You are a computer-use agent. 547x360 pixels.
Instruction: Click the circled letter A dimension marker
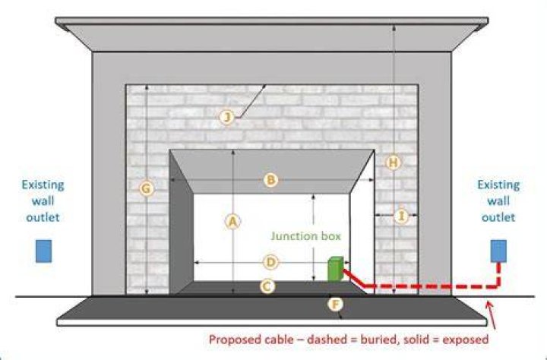233,222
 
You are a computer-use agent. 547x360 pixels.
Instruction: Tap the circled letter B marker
270,180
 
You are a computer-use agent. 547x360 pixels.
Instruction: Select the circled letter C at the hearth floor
267,286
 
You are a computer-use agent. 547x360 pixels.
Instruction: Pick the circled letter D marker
270,262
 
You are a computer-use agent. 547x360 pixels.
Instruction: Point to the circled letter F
335,305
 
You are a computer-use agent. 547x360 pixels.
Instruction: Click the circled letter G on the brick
147,188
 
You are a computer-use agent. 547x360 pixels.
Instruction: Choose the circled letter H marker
394,163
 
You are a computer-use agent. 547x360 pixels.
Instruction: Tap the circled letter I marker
402,216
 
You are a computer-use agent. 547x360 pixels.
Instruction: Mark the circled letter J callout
227,116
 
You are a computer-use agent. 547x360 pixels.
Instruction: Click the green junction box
335,269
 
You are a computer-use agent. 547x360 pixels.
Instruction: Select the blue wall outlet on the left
43,251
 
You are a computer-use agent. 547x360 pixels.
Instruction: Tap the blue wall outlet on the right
498,251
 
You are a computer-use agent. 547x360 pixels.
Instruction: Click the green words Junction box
305,236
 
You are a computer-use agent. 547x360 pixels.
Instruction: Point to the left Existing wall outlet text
43,201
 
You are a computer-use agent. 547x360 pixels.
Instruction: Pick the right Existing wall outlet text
498,201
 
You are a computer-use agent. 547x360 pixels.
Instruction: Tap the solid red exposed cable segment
354,278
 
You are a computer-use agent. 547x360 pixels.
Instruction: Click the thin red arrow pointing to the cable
492,315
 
